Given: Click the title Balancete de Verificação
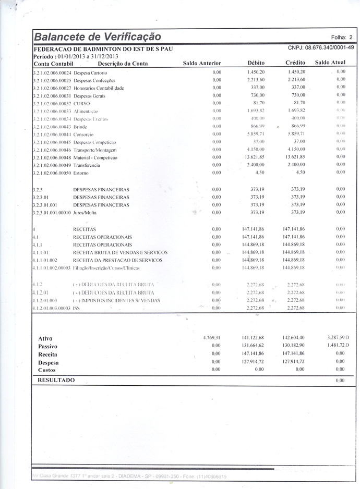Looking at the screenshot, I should pyautogui.click(x=97, y=37).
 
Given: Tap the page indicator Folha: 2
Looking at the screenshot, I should pyautogui.click(x=342, y=38).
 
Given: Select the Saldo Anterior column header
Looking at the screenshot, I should pyautogui.click(x=202, y=63).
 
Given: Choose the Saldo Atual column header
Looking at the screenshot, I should pyautogui.click(x=330, y=63).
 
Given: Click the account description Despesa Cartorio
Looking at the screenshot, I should pyautogui.click(x=90, y=72).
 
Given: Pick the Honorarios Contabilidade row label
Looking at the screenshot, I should pyautogui.click(x=99, y=88).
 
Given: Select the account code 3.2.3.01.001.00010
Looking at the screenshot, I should pyautogui.click(x=52, y=213).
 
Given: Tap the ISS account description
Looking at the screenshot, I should pyautogui.click(x=77, y=309).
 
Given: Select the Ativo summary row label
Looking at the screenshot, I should pyautogui.click(x=45, y=339).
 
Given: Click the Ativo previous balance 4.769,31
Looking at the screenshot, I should pyautogui.click(x=212, y=338).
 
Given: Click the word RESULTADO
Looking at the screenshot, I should pyautogui.click(x=56, y=380).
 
